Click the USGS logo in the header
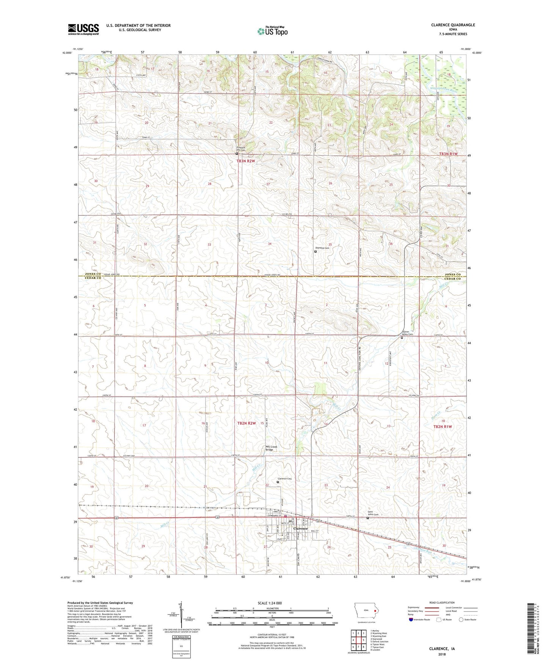[x=83, y=29]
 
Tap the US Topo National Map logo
[x=272, y=31]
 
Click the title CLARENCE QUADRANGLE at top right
[x=452, y=25]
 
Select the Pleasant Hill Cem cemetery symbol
[x=237, y=154]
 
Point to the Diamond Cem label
[x=322, y=248]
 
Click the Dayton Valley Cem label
[x=407, y=333]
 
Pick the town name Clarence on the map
[x=301, y=529]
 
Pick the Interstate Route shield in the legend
[x=411, y=620]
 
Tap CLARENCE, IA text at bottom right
[x=441, y=649]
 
